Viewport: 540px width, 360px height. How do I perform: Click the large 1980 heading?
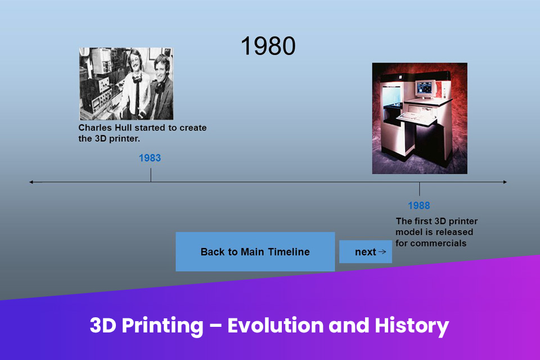click(268, 46)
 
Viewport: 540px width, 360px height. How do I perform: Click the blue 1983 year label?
click(150, 158)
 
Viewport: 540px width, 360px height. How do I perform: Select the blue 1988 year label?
click(419, 205)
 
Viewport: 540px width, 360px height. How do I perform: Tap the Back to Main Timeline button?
click(255, 251)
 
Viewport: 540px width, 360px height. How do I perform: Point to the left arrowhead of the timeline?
click(31, 182)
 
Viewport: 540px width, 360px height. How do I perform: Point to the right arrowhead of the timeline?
click(505, 182)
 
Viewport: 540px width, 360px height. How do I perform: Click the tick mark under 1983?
click(150, 174)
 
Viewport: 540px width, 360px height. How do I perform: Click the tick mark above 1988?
click(419, 189)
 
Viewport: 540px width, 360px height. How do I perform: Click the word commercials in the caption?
click(439, 244)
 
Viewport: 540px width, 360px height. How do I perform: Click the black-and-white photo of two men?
click(126, 84)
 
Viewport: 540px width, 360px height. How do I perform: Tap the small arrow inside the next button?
click(382, 251)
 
